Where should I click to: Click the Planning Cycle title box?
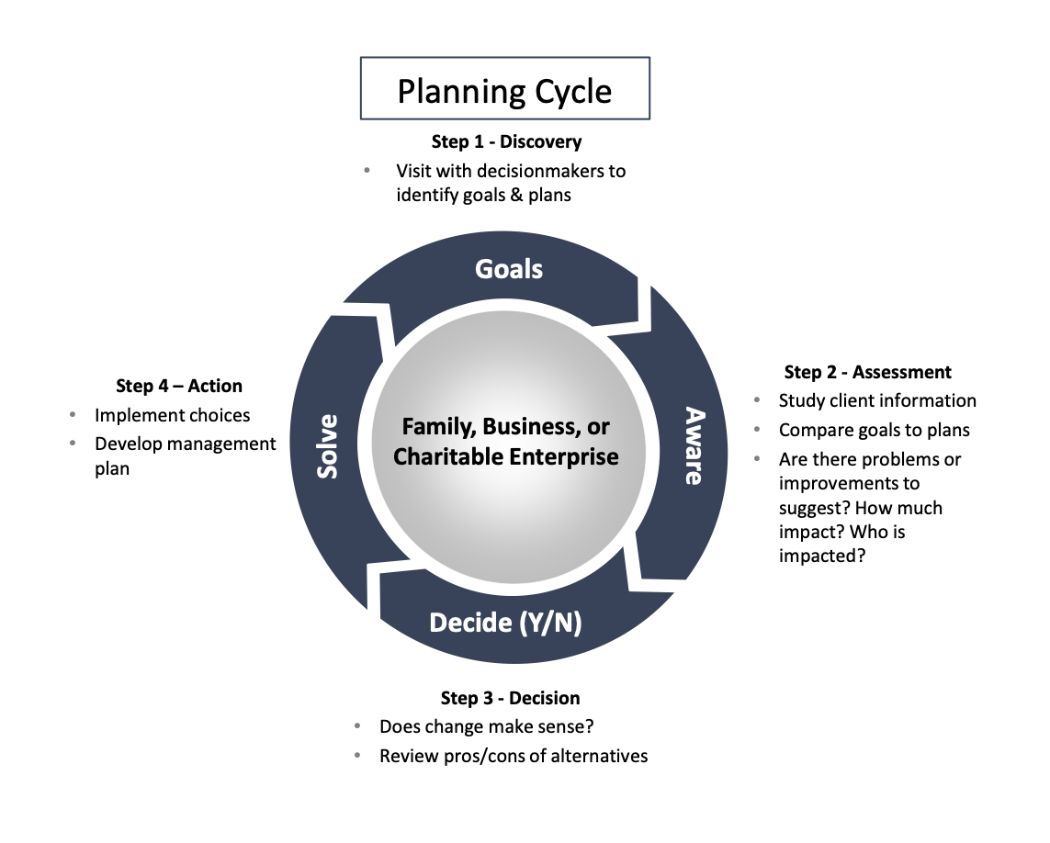pos(504,90)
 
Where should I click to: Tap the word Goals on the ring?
pos(509,269)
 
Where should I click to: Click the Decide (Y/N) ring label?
pos(505,623)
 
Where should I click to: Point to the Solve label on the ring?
pos(327,446)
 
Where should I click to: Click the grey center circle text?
pos(506,442)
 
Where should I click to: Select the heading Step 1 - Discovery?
pos(506,142)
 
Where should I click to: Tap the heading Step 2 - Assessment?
pos(867,372)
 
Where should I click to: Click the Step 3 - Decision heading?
pos(510,699)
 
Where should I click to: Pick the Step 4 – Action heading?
pos(179,386)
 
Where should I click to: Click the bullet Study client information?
pos(877,400)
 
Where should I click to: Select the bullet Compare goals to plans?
pos(874,430)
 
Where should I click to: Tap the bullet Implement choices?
pos(172,415)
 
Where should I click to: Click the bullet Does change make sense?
pos(487,726)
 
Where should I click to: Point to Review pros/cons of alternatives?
pos(514,756)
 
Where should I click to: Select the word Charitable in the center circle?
pos(440,456)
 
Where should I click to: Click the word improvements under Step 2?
pos(849,483)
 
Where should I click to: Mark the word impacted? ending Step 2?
pos(822,556)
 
